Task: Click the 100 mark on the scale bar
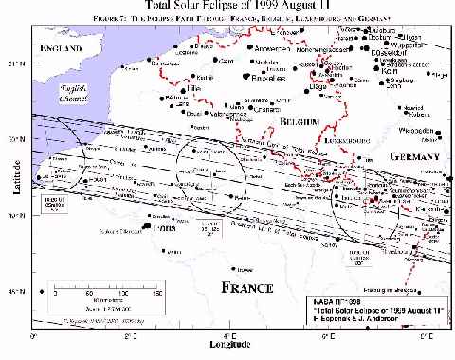(124, 292)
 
